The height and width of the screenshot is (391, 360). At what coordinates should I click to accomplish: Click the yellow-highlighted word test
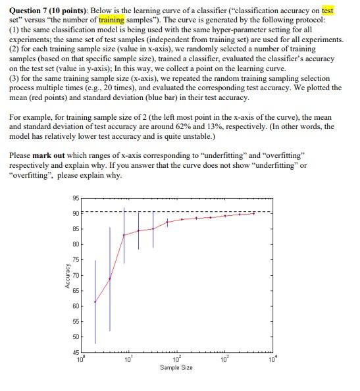tap(328, 11)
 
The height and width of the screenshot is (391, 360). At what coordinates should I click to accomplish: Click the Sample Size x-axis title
tap(176, 367)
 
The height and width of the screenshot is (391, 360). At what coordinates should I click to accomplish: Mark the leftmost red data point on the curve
tap(95, 302)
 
